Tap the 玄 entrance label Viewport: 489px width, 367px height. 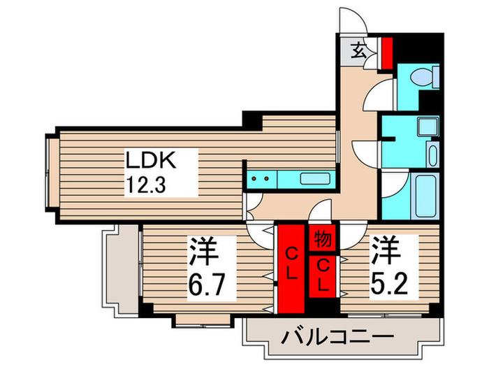pos(357,50)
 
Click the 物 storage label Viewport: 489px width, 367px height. pos(321,238)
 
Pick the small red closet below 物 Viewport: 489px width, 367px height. pos(322,275)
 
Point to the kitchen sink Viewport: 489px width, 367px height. pos(312,178)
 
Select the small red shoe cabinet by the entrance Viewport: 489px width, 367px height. pos(386,50)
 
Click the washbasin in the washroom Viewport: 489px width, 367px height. pos(432,154)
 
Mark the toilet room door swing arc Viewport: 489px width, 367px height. pos(384,91)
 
